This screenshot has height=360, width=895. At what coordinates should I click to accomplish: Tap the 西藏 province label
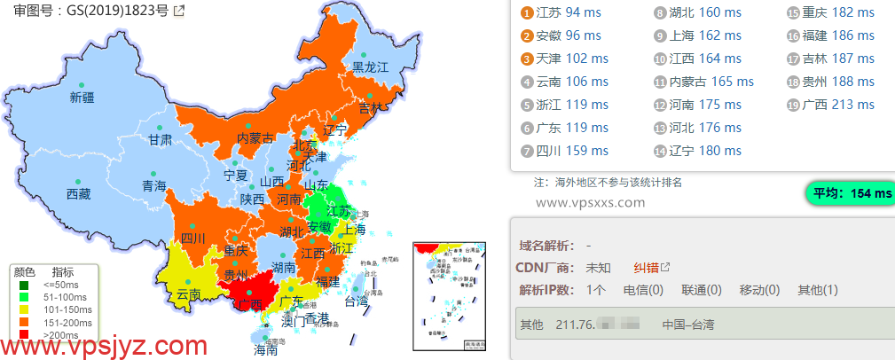pyautogui.click(x=78, y=194)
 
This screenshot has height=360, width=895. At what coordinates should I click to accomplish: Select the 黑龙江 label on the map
pyautogui.click(x=371, y=67)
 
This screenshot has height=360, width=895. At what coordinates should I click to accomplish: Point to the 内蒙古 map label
pyautogui.click(x=255, y=138)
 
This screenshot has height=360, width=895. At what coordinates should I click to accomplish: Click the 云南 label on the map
pyautogui.click(x=189, y=293)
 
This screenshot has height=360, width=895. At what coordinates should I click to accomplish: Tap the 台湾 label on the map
pyautogui.click(x=355, y=301)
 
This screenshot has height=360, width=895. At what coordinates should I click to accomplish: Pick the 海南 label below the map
pyautogui.click(x=265, y=350)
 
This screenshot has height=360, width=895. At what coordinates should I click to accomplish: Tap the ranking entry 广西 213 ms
pyautogui.click(x=829, y=105)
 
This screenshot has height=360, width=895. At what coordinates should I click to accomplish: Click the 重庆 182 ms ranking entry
pyautogui.click(x=829, y=12)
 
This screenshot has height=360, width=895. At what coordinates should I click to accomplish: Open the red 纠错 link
pyautogui.click(x=647, y=268)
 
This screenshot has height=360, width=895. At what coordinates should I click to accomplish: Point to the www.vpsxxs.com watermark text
pyautogui.click(x=591, y=203)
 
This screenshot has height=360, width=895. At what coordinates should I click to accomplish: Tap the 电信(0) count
pyautogui.click(x=643, y=290)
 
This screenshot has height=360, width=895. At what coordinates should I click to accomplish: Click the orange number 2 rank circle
pyautogui.click(x=526, y=36)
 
